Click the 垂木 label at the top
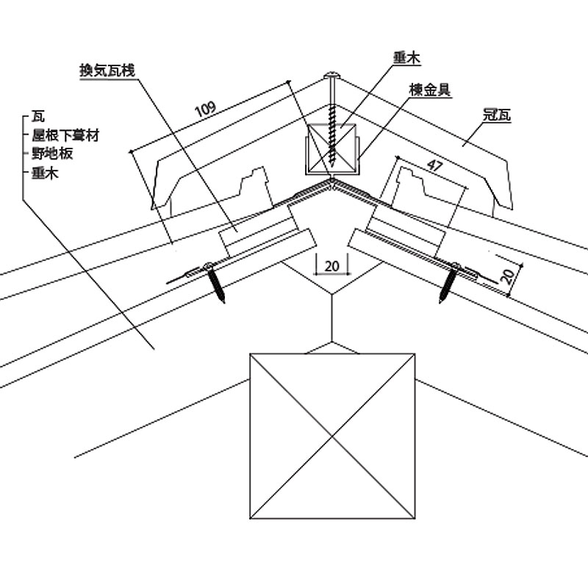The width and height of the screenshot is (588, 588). (407, 57)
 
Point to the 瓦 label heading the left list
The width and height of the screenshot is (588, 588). (38, 118)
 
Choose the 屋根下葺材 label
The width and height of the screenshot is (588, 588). (65, 136)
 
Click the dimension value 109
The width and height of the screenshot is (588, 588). (205, 110)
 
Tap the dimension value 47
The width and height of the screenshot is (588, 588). (434, 166)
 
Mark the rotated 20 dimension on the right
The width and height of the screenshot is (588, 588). (506, 276)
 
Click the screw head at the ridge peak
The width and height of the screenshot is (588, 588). (332, 75)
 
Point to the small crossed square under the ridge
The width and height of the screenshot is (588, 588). (331, 149)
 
